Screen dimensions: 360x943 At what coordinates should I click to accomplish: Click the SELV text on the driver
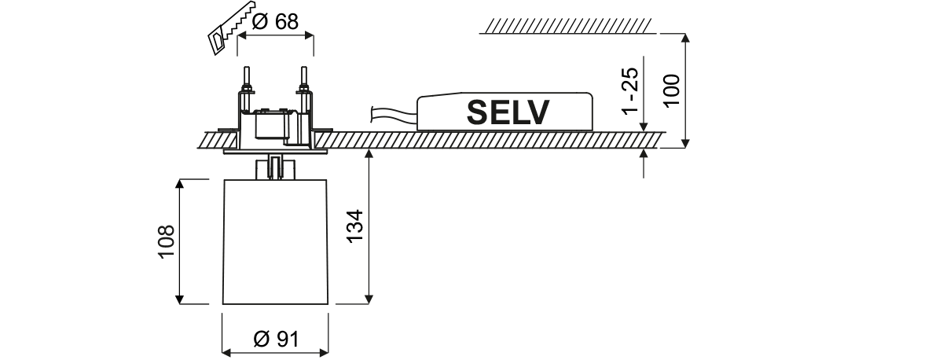pos(508,112)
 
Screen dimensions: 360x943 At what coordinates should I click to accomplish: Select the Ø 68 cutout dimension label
pos(275,21)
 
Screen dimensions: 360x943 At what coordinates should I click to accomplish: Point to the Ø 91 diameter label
pos(275,339)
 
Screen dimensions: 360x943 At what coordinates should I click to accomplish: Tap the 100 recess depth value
pos(673,91)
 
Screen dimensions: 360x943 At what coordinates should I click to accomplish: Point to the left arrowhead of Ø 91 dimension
pos(226,351)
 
